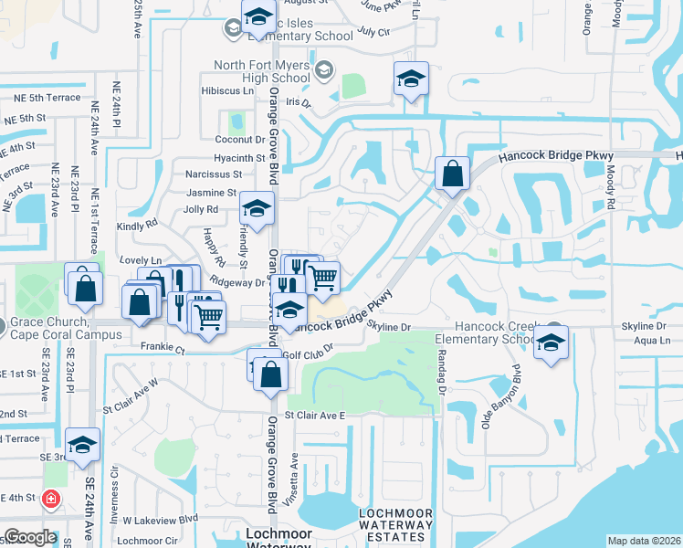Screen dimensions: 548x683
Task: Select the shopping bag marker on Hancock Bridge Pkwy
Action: click(452, 173)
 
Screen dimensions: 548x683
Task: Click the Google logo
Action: click(30, 537)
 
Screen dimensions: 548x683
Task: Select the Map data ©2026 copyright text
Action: click(645, 541)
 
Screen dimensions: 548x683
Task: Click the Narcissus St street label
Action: click(213, 174)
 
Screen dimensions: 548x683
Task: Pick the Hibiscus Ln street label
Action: click(228, 91)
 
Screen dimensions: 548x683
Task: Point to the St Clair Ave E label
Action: click(315, 415)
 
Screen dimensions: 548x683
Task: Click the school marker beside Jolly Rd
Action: click(257, 209)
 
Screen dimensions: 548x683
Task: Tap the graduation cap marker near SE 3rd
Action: click(82, 444)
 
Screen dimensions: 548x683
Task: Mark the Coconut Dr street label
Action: click(240, 139)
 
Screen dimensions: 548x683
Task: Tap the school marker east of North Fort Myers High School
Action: click(411, 79)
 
